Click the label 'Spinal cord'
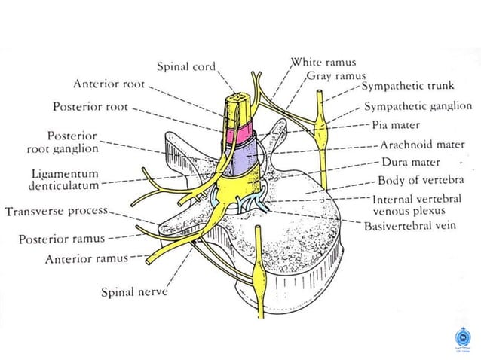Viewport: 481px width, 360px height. click(x=185, y=66)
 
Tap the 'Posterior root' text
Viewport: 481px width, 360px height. click(x=90, y=107)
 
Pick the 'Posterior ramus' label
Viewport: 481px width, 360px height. click(x=61, y=239)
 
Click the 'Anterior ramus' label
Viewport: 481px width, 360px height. click(x=85, y=258)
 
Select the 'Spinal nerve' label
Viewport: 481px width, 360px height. click(x=133, y=291)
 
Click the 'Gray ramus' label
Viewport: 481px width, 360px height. click(x=335, y=75)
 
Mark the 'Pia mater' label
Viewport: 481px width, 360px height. click(x=406, y=125)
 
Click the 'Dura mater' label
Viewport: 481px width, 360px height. click(x=411, y=162)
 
